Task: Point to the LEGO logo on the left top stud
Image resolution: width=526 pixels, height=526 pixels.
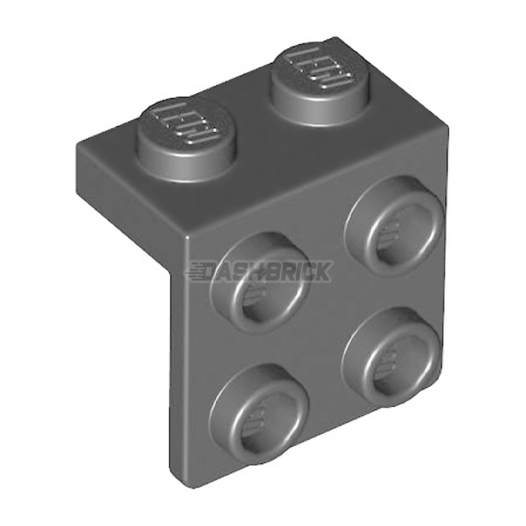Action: (x=181, y=122)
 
